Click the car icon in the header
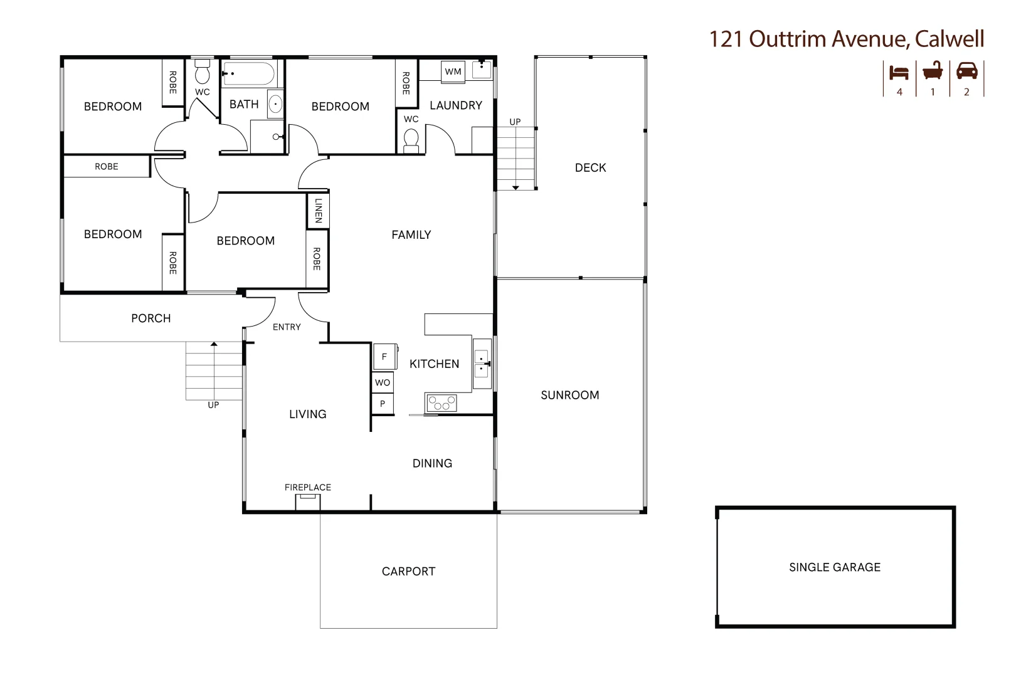tap(966, 71)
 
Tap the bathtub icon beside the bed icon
tap(933, 71)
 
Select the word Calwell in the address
tap(949, 39)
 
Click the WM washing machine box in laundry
tap(453, 71)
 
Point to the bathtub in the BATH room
tap(249, 73)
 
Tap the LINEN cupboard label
tap(318, 211)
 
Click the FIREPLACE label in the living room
tap(307, 487)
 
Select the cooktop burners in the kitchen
tap(442, 403)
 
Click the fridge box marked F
tap(384, 357)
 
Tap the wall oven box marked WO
tap(383, 382)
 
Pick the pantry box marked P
tap(383, 404)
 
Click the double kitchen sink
tap(482, 364)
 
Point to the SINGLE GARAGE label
tap(834, 567)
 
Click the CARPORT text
tap(408, 571)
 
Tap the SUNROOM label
tap(569, 395)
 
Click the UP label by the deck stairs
tap(515, 122)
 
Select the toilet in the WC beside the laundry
tap(411, 139)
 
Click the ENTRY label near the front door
tap(287, 327)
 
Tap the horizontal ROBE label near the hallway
tap(106, 167)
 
